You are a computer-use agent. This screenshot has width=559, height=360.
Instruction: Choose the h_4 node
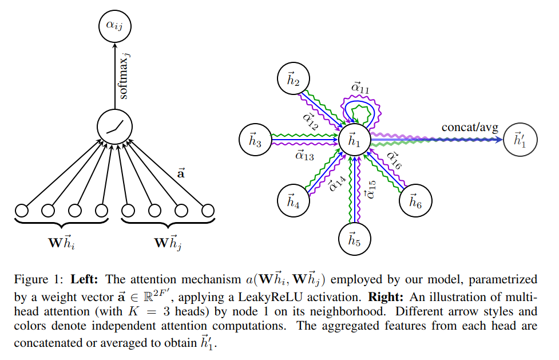coord(294,201)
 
